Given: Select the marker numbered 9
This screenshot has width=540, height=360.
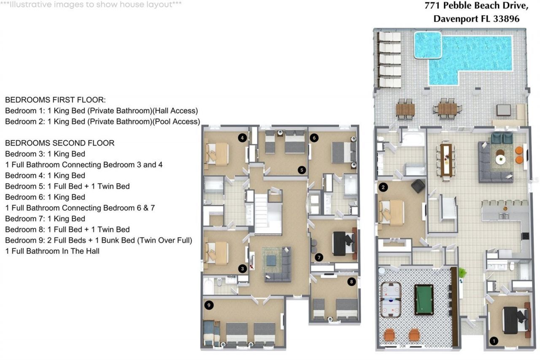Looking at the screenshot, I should coord(207,305).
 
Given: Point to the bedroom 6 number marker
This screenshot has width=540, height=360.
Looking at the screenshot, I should coord(313,138).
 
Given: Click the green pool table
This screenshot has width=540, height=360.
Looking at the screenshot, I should coord(424,299).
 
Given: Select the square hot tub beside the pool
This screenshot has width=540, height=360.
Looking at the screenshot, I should coord(427,45).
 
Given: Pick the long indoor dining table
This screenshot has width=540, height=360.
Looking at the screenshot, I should coord(446,160).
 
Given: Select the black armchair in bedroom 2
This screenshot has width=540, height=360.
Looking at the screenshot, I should coord(418,186).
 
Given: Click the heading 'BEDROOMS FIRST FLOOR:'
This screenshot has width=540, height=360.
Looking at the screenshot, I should coord(55,100).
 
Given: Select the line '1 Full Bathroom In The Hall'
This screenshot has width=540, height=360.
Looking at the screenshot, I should coord(52,251).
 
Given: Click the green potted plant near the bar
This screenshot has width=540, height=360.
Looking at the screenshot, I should coord(462,273).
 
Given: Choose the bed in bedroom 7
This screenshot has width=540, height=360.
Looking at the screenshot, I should coord(343,244).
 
